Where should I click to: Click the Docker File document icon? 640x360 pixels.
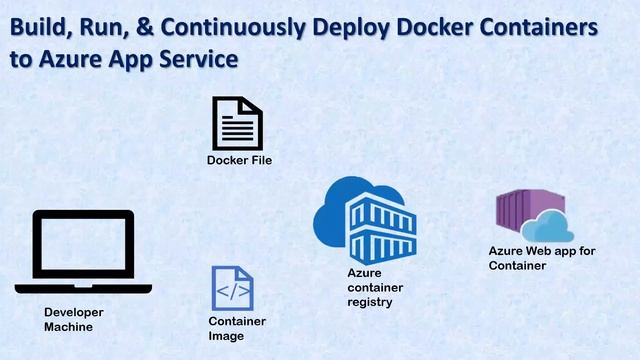[x=237, y=123]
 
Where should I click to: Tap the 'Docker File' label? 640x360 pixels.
[x=239, y=160]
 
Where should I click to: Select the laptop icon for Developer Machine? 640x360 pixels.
[x=74, y=251]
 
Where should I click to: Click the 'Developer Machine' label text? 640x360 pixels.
[x=73, y=319]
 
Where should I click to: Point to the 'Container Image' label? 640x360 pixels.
[x=237, y=328]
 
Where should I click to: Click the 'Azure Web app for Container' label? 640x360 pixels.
[x=541, y=258]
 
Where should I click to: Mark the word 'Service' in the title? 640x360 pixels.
[x=197, y=58]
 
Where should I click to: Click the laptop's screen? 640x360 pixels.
[x=74, y=246]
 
